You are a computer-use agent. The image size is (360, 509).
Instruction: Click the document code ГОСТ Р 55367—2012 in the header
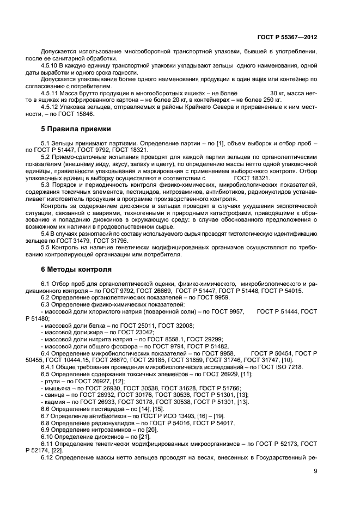pyautogui.click(x=286, y=36)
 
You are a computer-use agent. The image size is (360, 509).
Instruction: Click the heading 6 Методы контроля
pyautogui.click(x=76, y=269)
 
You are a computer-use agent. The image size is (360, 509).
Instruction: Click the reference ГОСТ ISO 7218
pyautogui.click(x=288, y=367)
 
